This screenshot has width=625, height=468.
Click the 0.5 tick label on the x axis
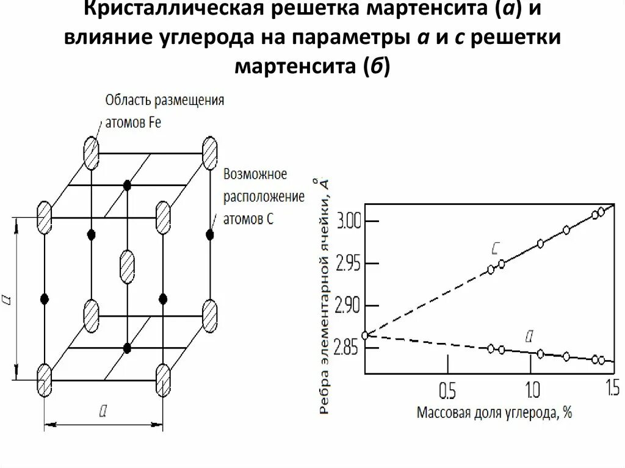point(447,389)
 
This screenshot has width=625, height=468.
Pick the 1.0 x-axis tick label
point(531,389)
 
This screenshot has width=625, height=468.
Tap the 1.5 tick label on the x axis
point(610,387)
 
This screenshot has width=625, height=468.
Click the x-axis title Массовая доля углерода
point(494,412)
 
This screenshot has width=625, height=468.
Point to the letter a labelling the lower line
point(530,335)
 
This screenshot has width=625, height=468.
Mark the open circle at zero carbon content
point(365,335)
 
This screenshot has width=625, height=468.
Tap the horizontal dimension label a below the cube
point(103,412)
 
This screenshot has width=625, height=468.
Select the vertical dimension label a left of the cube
point(8,299)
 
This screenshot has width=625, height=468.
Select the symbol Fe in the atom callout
point(154,122)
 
